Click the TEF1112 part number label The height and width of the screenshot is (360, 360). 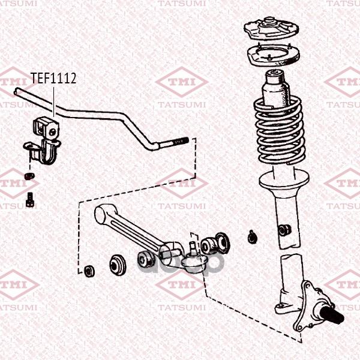(53, 78)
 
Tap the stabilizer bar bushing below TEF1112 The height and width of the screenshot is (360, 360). (46, 128)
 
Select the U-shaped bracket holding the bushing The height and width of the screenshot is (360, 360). (43, 152)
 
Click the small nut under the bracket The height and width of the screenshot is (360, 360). (29, 176)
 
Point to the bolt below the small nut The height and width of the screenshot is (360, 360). (30, 199)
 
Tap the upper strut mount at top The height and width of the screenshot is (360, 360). (271, 29)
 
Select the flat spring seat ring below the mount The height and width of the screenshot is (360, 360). (274, 55)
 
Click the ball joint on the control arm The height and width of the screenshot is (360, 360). (194, 258)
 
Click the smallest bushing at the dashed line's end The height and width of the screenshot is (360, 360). (89, 271)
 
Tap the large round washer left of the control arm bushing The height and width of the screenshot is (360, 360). (118, 265)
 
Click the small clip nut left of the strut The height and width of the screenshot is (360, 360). (253, 237)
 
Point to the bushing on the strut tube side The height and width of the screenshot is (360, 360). (284, 230)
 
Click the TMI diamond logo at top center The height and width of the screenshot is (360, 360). (182, 82)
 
